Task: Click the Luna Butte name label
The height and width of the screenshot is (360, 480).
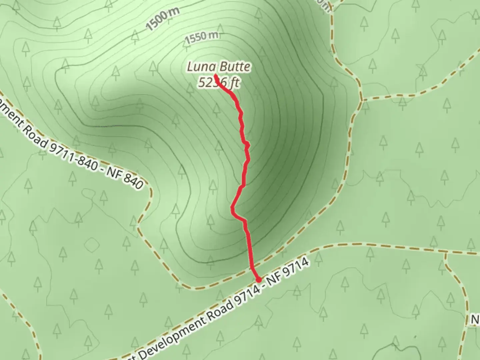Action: pyautogui.click(x=218, y=67)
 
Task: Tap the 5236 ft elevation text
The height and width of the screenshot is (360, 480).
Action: pyautogui.click(x=218, y=82)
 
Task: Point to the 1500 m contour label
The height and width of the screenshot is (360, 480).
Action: pyautogui.click(x=163, y=19)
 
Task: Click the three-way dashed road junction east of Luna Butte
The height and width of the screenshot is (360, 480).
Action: pyautogui.click(x=361, y=99)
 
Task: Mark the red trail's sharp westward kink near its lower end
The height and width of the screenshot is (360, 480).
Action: pyautogui.click(x=232, y=209)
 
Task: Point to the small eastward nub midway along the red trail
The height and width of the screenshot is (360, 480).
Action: pyautogui.click(x=248, y=145)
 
